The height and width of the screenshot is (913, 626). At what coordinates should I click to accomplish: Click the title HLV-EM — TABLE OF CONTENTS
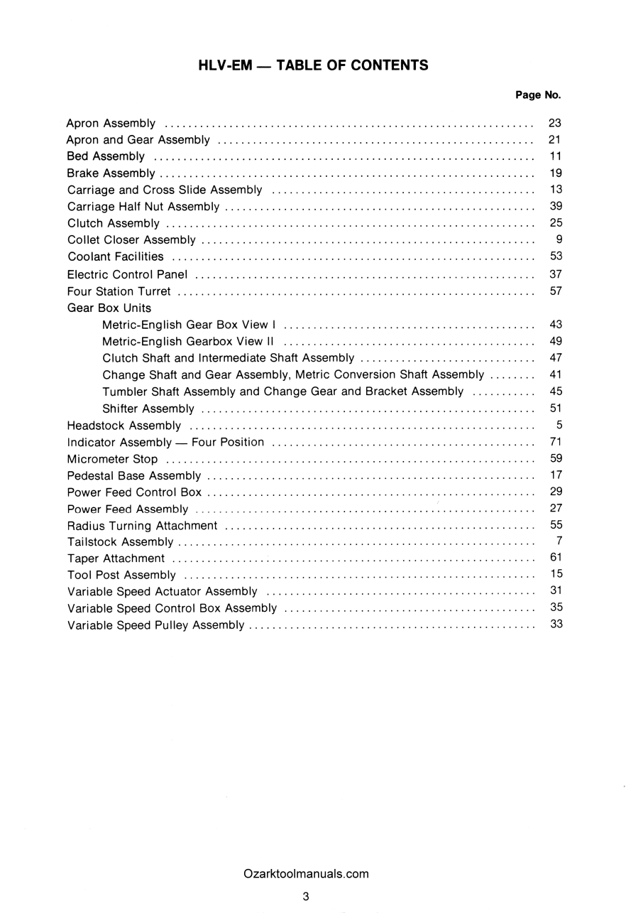[313, 65]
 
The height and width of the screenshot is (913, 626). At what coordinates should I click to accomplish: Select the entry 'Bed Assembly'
[106, 156]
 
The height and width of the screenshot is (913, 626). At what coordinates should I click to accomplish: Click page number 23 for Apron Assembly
[555, 123]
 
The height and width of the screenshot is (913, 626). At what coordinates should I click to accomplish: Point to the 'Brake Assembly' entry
[111, 173]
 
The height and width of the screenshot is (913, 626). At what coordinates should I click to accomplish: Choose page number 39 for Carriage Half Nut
[555, 206]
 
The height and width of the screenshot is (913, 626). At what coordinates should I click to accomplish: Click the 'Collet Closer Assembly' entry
[131, 240]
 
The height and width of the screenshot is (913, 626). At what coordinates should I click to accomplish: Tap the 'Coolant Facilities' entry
[115, 256]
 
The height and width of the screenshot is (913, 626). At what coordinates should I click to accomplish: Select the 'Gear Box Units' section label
[109, 308]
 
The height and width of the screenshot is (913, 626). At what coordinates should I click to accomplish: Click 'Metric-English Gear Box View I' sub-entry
[189, 325]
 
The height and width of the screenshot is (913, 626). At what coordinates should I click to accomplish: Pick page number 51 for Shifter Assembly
[555, 408]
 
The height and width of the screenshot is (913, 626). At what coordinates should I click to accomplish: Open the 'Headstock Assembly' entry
[123, 426]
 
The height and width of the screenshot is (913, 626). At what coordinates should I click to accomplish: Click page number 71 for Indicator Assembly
[555, 442]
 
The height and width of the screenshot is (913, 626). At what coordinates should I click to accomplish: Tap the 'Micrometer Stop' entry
[112, 459]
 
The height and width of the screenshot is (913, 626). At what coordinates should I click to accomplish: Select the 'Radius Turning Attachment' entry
[142, 526]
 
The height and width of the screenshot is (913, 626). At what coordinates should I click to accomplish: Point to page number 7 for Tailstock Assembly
[559, 541]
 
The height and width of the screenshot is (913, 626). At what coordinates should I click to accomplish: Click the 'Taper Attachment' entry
[116, 558]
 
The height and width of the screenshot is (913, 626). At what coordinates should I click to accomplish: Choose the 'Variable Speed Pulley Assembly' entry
[155, 625]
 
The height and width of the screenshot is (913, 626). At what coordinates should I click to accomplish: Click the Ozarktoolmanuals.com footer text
[305, 874]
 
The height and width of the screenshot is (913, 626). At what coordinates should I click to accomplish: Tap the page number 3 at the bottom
[305, 897]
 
